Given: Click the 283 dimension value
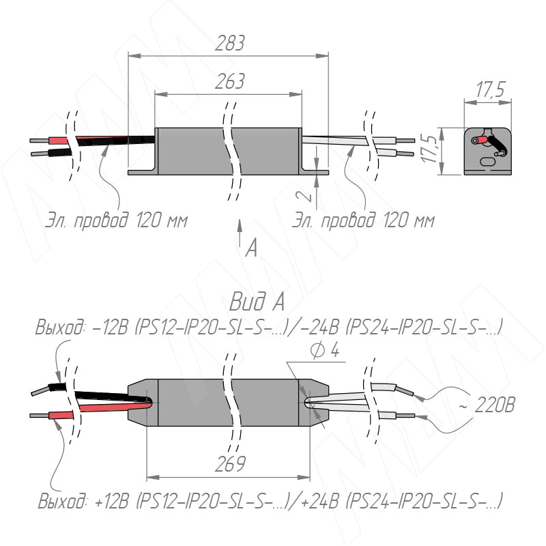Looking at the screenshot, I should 230,44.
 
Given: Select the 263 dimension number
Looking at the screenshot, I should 230,82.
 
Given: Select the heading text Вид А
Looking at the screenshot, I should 257,301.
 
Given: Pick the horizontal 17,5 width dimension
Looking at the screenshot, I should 490,89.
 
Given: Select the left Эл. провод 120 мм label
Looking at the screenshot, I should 116,221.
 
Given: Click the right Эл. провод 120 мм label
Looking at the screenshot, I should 364,221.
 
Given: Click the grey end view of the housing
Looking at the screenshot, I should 488,150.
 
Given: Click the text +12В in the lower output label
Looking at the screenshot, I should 113,504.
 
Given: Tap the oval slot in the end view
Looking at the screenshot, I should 489,162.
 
